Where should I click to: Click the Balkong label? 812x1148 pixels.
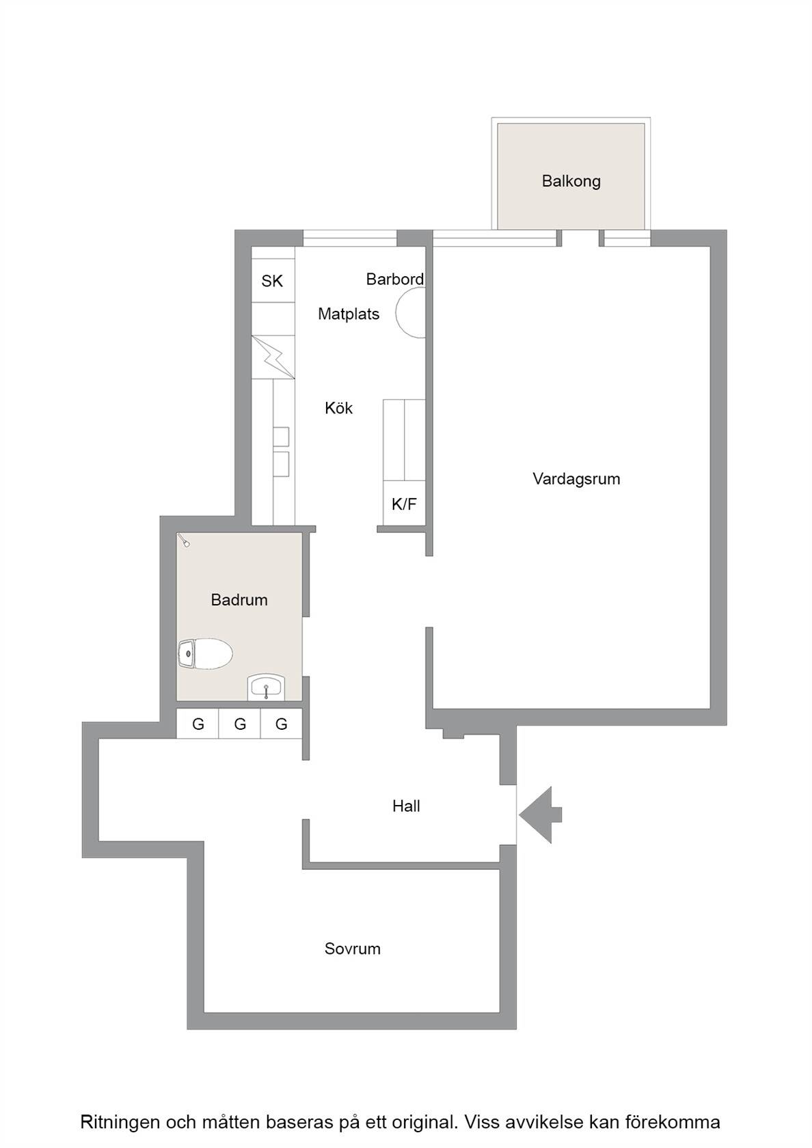tap(571, 181)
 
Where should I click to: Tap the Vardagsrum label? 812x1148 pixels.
tap(576, 478)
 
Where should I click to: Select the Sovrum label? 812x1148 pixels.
tap(352, 948)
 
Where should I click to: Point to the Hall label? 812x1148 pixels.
tap(406, 806)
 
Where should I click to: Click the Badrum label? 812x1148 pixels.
tap(239, 600)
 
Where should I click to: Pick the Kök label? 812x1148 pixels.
tap(338, 408)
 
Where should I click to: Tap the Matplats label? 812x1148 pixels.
tap(349, 314)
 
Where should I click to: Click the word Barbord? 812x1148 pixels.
tap(395, 279)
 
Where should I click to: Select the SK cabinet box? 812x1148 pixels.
tap(273, 280)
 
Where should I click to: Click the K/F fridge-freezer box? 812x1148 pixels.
tap(404, 504)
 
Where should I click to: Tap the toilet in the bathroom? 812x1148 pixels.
tap(205, 654)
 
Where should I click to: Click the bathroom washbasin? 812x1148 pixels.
tap(267, 687)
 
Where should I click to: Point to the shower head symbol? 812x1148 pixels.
tap(184, 541)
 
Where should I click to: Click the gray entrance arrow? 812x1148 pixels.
tap(540, 815)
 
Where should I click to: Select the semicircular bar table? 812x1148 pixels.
tap(410, 313)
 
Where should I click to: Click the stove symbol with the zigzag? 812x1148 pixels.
tap(273, 357)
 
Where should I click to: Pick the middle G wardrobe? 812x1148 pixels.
tap(239, 724)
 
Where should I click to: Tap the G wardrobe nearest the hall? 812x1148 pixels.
tap(281, 724)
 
